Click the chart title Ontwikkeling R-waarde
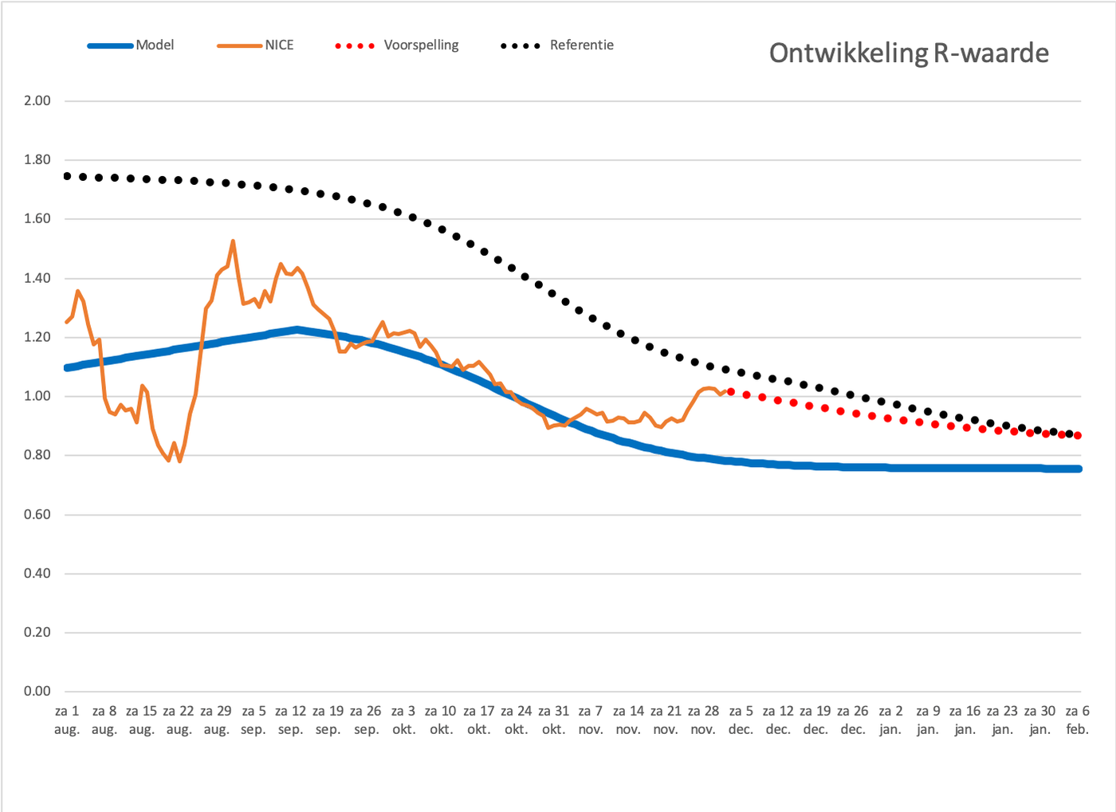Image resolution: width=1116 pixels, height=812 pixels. tap(909, 53)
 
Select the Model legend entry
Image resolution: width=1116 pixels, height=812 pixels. tap(131, 45)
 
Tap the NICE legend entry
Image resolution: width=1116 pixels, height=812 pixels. tap(255, 45)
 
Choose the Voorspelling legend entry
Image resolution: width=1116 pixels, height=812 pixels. tap(397, 45)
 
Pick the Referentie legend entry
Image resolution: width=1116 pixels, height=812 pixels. tap(557, 45)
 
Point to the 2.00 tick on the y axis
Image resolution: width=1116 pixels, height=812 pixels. tap(37, 100)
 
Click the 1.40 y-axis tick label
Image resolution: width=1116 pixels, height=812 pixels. tap(37, 278)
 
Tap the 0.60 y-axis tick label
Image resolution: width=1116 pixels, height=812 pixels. tap(37, 514)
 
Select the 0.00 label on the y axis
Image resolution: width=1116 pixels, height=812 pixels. tap(37, 691)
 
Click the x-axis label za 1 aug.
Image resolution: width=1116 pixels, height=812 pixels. tap(67, 720)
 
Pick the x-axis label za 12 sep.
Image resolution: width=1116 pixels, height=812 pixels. tap(291, 720)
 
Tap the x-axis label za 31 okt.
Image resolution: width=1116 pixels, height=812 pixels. tap(553, 720)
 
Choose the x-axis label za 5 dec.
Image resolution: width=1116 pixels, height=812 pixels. tap(741, 720)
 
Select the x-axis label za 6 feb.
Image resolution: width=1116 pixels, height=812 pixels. tap(1077, 720)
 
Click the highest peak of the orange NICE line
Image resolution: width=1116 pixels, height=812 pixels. tap(233, 241)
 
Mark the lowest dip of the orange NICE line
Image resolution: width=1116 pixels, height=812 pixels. tap(179, 461)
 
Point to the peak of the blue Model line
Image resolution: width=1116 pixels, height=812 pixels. tap(297, 329)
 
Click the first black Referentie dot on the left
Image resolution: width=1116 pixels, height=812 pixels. tap(67, 176)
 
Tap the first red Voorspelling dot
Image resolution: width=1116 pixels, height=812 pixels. tap(731, 391)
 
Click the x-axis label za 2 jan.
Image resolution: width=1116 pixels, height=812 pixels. tap(890, 720)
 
